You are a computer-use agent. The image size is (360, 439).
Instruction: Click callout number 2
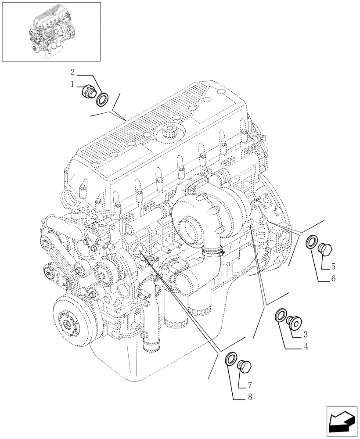coord(73,72)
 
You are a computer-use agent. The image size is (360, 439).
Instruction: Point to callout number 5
coord(333,266)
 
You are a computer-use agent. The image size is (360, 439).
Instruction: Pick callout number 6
coord(333,278)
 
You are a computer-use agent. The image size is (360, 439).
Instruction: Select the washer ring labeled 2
coord(103,99)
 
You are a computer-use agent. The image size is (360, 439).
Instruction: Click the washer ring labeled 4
coord(280,316)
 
